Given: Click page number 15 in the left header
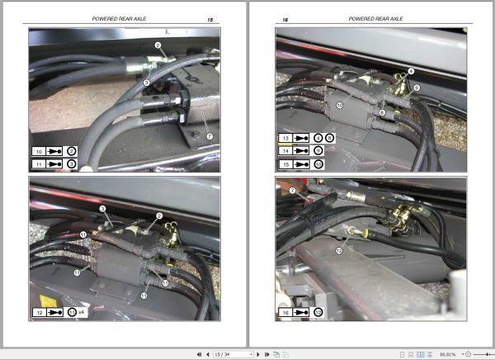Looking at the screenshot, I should pos(210,18).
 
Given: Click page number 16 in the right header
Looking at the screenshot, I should pos(286,18).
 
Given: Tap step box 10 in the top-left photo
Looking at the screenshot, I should pos(39,152).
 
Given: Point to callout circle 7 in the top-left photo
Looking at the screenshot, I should pos(210,135).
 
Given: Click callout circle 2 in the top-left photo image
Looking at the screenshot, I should pos(158,45).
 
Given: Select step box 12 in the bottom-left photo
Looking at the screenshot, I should pos(39,314).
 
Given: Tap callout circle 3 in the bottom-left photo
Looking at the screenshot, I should pos(103,209).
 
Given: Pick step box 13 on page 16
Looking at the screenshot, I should pos(285,138).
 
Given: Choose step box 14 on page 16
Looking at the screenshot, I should pos(285,151).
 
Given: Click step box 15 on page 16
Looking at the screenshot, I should pos(285,164).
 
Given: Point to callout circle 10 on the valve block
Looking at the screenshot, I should pos(340,106).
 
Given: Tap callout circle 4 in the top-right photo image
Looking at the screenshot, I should pos(412,72).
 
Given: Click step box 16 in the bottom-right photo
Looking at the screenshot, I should pos(285,314).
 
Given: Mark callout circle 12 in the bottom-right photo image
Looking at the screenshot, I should pos(339,249).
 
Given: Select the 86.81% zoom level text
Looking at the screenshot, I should pos(449,353).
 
